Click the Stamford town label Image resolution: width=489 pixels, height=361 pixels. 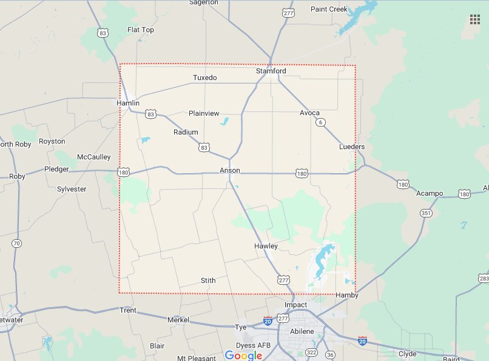[271, 71]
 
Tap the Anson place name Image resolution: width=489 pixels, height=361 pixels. [230, 171]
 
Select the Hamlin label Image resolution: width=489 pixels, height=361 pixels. [128, 103]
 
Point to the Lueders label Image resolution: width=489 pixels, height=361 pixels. [352, 147]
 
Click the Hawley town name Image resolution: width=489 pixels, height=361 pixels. [266, 246]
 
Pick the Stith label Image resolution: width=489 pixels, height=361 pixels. [207, 280]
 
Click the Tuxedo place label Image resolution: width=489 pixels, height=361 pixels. [204, 78]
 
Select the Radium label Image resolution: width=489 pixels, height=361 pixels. [186, 132]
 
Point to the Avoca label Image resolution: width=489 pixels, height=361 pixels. [309, 113]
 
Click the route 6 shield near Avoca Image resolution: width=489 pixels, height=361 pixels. [320, 122]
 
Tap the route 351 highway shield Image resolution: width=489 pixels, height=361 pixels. [426, 213]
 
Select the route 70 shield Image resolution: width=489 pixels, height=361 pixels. [17, 243]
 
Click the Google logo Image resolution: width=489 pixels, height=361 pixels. [243, 355]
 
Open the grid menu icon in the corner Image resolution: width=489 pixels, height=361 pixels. [475, 19]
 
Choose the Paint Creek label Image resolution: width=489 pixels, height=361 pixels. [329, 9]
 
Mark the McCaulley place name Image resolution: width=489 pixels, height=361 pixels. [94, 157]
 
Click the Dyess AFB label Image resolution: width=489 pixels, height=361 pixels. [254, 345]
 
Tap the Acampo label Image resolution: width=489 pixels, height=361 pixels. [430, 194]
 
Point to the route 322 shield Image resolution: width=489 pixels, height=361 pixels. [312, 353]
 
